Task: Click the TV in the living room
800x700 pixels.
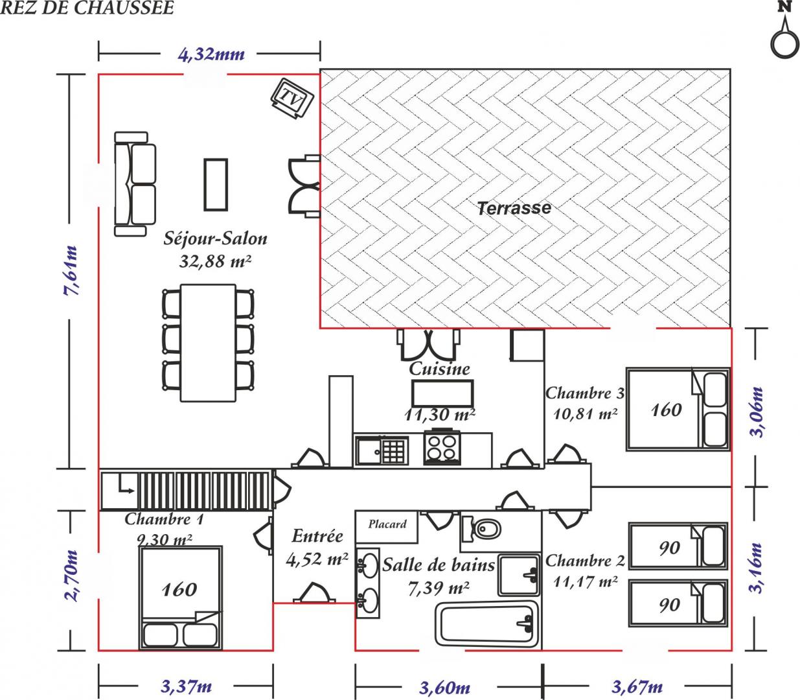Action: pos(293,99)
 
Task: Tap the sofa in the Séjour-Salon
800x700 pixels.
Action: pos(135,184)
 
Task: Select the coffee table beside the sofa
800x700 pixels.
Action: pos(216,185)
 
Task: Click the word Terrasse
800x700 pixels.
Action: pos(514,208)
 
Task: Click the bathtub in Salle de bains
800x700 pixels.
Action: pos(487,626)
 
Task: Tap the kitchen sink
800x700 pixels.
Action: pos(382,451)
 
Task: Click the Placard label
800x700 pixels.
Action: pos(387,524)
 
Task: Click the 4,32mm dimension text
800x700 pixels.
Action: pos(211,54)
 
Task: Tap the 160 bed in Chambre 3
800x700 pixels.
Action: pos(678,409)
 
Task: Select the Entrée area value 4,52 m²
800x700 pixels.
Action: pos(317,559)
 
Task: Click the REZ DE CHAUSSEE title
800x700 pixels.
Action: pos(87,8)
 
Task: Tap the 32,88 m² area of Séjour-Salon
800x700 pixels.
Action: pos(215,261)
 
